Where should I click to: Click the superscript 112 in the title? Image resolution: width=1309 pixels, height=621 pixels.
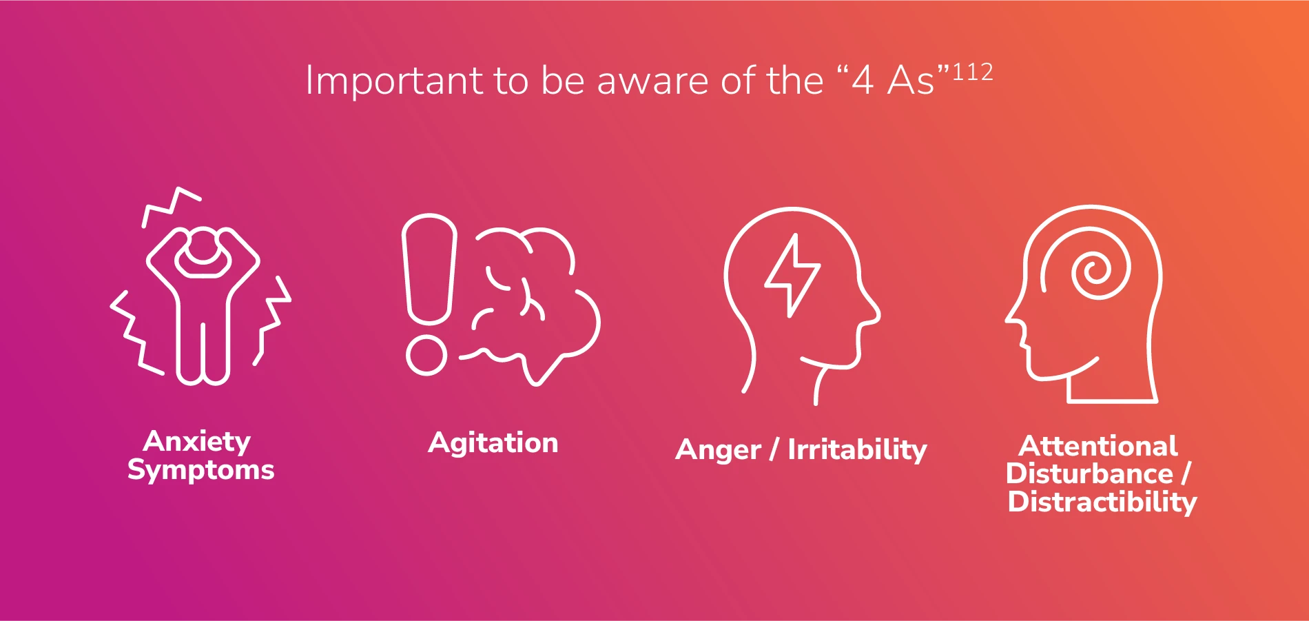(x=972, y=72)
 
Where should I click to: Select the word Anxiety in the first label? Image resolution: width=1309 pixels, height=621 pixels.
(x=197, y=441)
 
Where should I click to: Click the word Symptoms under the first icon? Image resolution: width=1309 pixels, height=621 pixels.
(x=200, y=470)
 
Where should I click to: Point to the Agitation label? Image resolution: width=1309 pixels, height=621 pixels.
(x=493, y=442)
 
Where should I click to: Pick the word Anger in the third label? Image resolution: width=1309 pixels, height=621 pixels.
(x=718, y=450)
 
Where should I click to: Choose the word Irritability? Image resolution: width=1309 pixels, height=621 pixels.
(x=857, y=450)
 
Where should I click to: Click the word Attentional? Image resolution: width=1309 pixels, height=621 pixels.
(x=1098, y=446)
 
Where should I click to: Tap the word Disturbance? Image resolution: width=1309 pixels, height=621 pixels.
(x=1089, y=474)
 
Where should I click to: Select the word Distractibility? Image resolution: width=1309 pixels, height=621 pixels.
(x=1102, y=502)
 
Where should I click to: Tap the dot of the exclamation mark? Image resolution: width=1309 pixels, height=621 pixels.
(x=426, y=355)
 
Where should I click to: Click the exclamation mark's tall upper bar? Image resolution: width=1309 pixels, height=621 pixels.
(x=429, y=269)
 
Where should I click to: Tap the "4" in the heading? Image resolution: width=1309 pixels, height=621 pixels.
(x=863, y=81)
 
